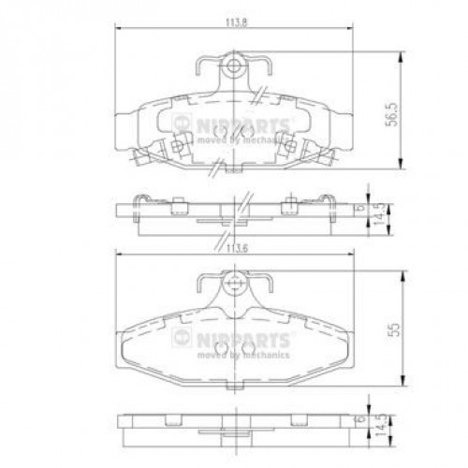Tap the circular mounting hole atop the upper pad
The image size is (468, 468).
click(x=233, y=67)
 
